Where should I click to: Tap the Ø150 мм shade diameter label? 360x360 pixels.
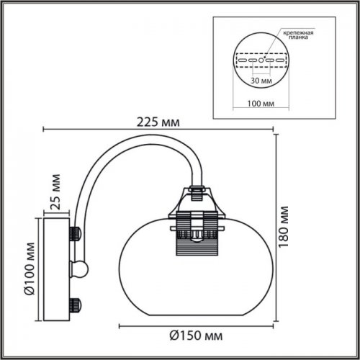click(x=197, y=336)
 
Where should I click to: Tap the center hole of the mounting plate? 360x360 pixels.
click(x=263, y=60)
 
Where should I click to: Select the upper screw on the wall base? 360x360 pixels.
click(x=74, y=233)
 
